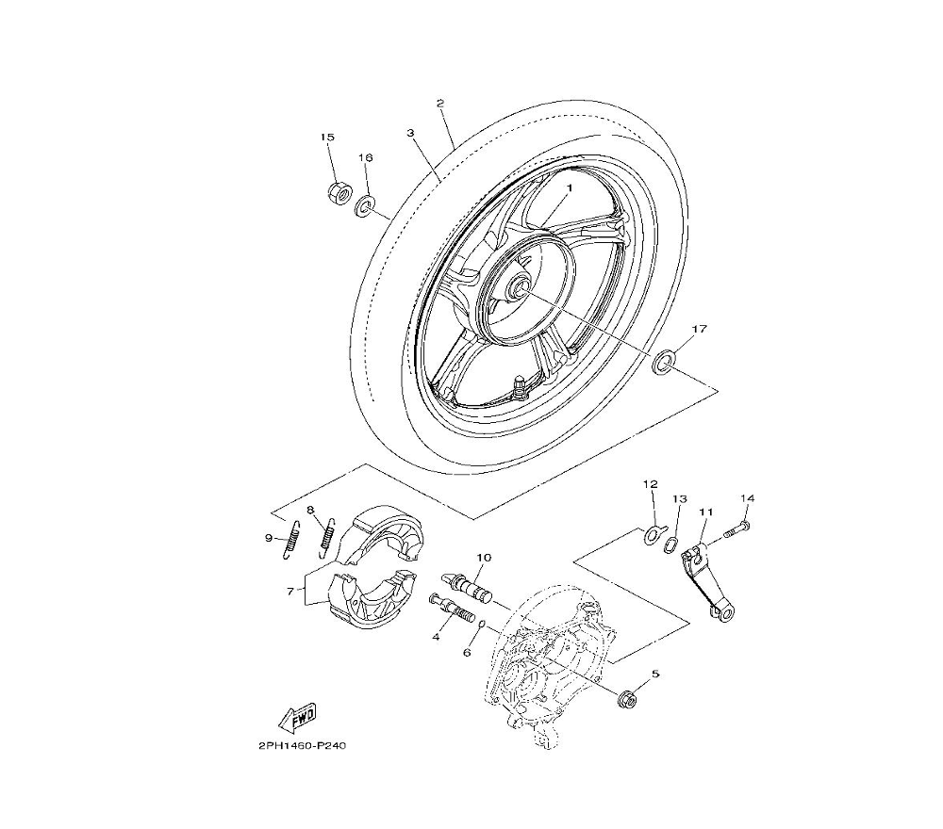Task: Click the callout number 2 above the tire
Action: (x=440, y=103)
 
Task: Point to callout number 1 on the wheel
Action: (x=569, y=188)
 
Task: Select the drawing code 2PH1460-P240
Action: (x=303, y=746)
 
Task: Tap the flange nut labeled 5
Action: (x=625, y=699)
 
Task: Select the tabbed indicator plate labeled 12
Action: (x=653, y=533)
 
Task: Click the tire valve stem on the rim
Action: (x=519, y=385)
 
